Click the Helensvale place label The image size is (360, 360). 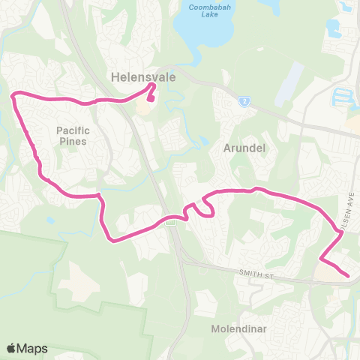click(133, 76)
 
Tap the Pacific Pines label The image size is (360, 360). click(72, 135)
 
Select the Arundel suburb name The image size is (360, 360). click(244, 148)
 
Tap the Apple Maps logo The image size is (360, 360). click(27, 348)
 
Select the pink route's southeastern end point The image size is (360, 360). click(349, 276)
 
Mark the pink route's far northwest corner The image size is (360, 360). click(12, 94)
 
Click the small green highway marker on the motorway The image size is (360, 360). click(172, 220)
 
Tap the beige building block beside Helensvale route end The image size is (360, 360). click(142, 109)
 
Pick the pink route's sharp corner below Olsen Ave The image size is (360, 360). click(321, 259)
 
